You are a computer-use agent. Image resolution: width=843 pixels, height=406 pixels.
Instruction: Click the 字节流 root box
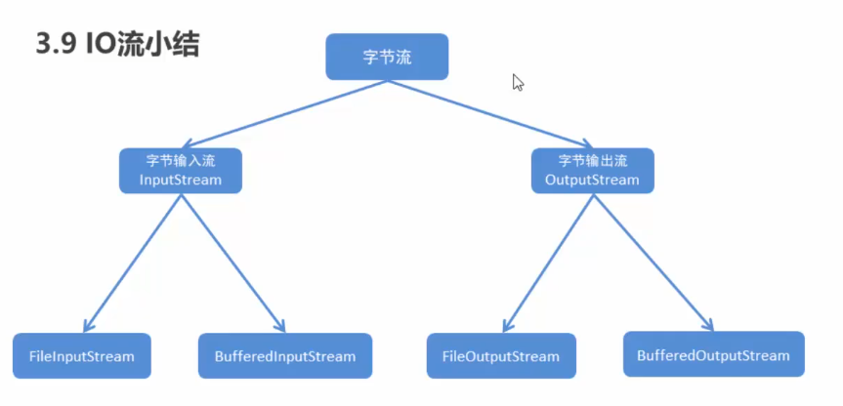[x=387, y=57]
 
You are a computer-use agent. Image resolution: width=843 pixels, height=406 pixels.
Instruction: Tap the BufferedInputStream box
[x=285, y=356]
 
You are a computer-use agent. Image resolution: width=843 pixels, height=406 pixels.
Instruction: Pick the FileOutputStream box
[x=501, y=356]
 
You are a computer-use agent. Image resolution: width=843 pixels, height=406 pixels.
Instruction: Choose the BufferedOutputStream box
[x=713, y=354]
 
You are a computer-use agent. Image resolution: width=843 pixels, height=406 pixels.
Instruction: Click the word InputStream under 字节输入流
[x=181, y=181]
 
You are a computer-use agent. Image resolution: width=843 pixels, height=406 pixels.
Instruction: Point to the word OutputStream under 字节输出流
[x=592, y=181]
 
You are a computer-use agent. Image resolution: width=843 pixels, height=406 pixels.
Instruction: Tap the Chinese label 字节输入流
[x=181, y=160]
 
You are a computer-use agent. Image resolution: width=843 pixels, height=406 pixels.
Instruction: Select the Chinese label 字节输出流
[x=592, y=160]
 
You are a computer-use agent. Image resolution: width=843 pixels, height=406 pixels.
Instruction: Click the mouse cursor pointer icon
[x=518, y=82]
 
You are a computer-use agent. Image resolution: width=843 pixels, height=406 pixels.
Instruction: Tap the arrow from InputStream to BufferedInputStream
[x=232, y=260]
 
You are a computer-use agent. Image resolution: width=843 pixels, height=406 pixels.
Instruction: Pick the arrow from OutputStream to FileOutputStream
[x=547, y=260]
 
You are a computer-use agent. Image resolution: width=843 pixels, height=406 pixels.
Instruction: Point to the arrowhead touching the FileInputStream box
[x=88, y=327]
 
